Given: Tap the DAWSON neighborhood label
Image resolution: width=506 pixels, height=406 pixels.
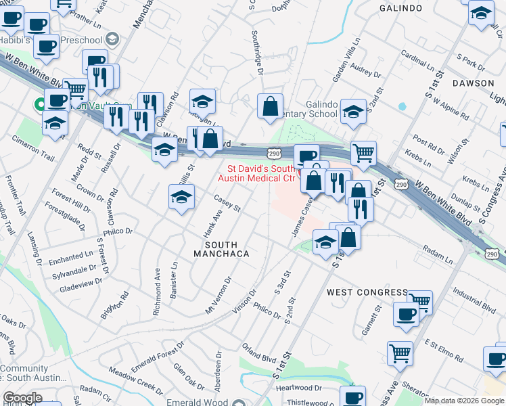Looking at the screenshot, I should click(x=473, y=83).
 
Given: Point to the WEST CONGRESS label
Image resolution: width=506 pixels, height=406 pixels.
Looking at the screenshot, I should click(x=367, y=292).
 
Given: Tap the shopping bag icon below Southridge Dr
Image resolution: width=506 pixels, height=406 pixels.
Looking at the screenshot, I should click(x=270, y=106).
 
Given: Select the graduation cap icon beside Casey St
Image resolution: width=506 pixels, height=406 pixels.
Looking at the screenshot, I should click(x=181, y=198).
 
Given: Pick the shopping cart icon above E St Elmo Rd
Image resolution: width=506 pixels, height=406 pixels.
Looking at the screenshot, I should click(x=400, y=353).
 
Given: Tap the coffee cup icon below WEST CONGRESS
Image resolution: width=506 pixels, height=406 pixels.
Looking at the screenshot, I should click(x=406, y=315).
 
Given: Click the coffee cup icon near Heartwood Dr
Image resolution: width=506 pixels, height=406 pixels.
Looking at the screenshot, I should click(x=352, y=397).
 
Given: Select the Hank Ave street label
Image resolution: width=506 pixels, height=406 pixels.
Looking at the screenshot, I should click(x=212, y=223).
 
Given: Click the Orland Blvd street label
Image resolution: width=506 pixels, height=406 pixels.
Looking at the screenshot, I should click(x=259, y=355).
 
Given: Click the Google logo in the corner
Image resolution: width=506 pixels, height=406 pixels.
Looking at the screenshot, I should click(x=23, y=398).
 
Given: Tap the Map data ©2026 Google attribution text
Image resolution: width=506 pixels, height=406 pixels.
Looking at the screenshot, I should click(x=464, y=401).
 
